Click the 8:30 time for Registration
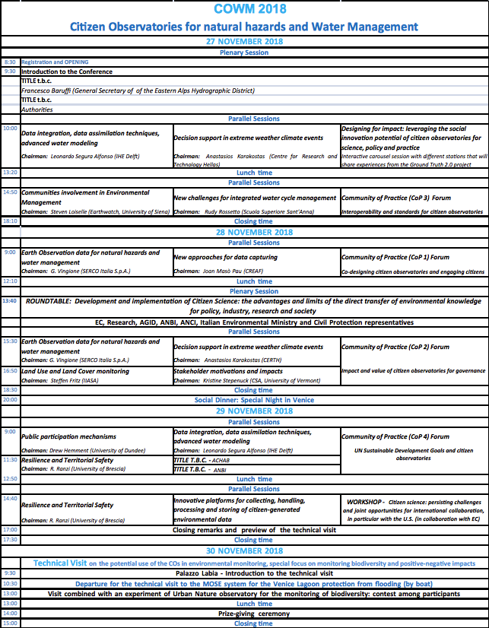[x=10, y=62]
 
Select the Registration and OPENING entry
[x=55, y=62]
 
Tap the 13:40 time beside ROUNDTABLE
[x=10, y=301]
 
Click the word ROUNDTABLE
[x=49, y=301]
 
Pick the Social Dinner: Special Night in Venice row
[x=254, y=400]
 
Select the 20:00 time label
[x=10, y=400]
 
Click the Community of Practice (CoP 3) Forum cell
[x=395, y=198]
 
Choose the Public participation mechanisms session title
[x=68, y=437]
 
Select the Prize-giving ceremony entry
[x=254, y=613]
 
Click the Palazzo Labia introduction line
[x=254, y=573]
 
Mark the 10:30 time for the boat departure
[x=10, y=584]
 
